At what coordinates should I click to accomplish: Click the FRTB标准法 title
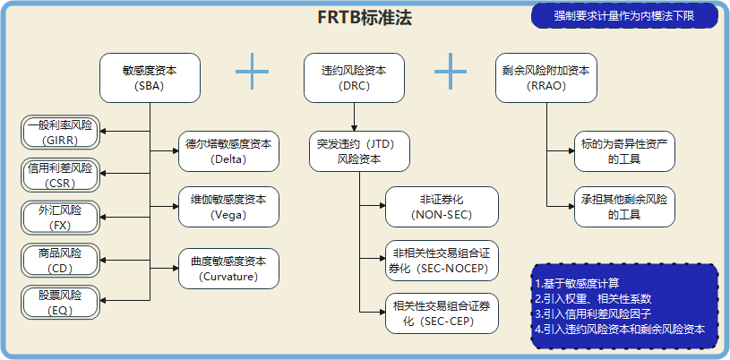pyautogui.click(x=365, y=18)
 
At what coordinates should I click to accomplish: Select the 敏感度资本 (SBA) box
pyautogui.click(x=150, y=78)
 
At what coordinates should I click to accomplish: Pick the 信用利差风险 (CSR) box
pyautogui.click(x=60, y=176)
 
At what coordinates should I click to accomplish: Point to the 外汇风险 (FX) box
pyautogui.click(x=60, y=218)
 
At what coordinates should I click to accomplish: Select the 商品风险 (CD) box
pyautogui.click(x=60, y=260)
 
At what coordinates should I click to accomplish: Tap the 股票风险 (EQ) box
pyautogui.click(x=60, y=302)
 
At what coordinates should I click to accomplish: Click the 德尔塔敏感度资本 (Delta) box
pyautogui.click(x=228, y=151)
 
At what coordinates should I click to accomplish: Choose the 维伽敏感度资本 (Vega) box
pyautogui.click(x=228, y=207)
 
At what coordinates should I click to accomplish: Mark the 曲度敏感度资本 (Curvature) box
pyautogui.click(x=228, y=270)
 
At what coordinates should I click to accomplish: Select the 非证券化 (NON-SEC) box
pyautogui.click(x=441, y=207)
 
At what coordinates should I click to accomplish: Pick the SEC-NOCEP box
pyautogui.click(x=441, y=258)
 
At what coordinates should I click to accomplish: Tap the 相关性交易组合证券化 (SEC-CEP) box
pyautogui.click(x=441, y=313)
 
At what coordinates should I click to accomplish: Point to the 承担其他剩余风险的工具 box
pyautogui.click(x=625, y=207)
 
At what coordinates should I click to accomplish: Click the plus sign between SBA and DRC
pyautogui.click(x=253, y=71)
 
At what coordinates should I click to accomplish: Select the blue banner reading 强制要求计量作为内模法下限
pyautogui.click(x=624, y=15)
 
